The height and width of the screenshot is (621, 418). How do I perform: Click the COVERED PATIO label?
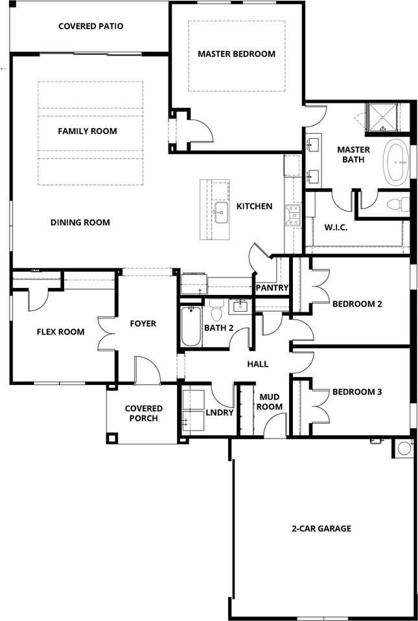coord(91,27)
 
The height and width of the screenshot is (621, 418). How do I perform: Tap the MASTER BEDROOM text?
coord(237,54)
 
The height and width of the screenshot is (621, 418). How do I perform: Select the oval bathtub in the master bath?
coord(396,162)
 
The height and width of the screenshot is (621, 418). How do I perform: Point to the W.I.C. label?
coord(336,226)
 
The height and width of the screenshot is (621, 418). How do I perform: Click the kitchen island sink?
coord(220,209)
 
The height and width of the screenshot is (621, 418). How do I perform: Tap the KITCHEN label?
coord(254,206)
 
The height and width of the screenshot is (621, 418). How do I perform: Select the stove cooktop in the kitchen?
coord(293,215)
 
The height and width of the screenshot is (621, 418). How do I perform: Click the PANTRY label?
coord(272,288)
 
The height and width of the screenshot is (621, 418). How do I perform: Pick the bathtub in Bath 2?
coord(191,327)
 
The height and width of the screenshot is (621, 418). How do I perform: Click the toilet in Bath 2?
coord(216,312)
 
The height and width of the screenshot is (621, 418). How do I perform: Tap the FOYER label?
coord(143,323)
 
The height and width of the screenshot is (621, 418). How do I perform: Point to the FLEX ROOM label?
coord(60,332)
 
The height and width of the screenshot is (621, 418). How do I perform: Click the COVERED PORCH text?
coord(144,413)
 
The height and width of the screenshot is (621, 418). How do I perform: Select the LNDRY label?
coord(220,412)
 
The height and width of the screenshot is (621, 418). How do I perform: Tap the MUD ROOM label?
coord(271,402)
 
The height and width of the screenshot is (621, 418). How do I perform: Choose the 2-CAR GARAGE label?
coord(321,528)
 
